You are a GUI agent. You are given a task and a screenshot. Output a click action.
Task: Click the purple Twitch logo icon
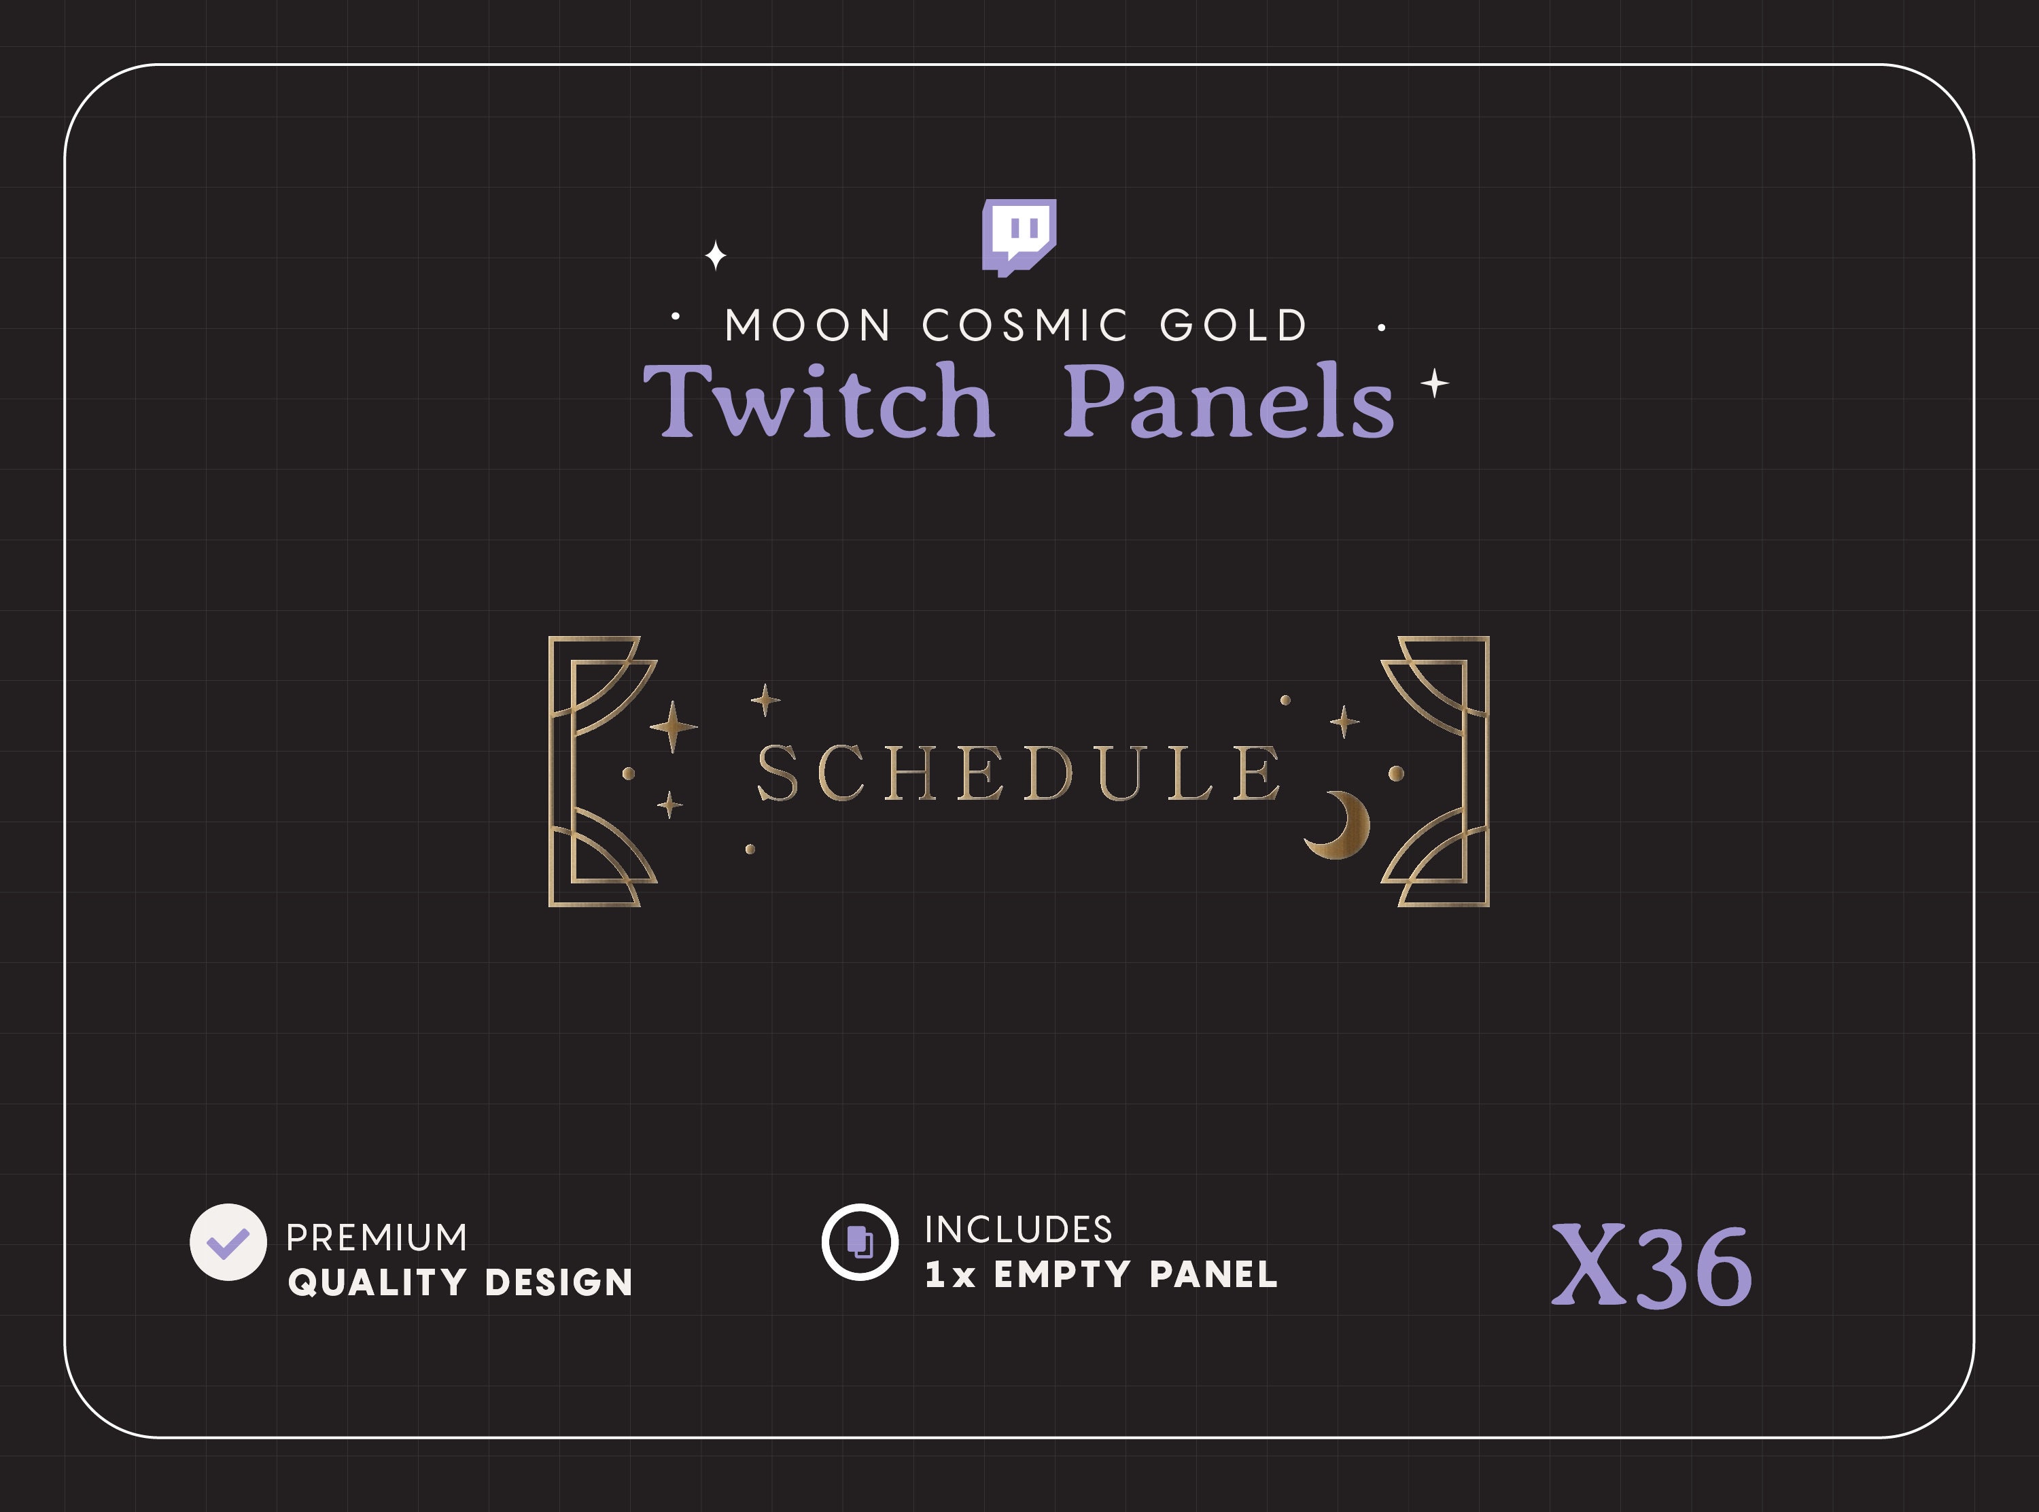pos(1019,235)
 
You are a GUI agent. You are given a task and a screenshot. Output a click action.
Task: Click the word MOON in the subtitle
pos(808,326)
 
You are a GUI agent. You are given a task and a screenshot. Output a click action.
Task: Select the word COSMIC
pos(1025,326)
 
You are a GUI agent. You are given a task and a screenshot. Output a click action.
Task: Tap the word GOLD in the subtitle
pos(1234,326)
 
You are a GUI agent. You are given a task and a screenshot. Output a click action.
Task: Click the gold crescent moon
pos(1342,825)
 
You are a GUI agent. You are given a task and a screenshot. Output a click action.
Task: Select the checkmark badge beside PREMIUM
pos(228,1242)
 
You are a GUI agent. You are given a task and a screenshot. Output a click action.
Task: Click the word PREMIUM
pos(376,1237)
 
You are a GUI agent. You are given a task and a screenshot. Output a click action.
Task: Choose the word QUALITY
pos(378,1282)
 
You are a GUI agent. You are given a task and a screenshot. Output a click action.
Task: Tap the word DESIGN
pos(558,1282)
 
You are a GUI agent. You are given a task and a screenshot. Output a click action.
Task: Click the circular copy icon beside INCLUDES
pos(859,1242)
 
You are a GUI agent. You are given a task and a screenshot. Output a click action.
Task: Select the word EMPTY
pos(1062,1274)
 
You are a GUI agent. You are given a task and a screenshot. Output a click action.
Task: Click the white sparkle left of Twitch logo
pos(716,256)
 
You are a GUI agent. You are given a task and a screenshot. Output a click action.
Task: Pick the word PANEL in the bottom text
pos(1213,1274)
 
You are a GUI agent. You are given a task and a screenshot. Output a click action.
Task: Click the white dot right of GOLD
pos(1381,327)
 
